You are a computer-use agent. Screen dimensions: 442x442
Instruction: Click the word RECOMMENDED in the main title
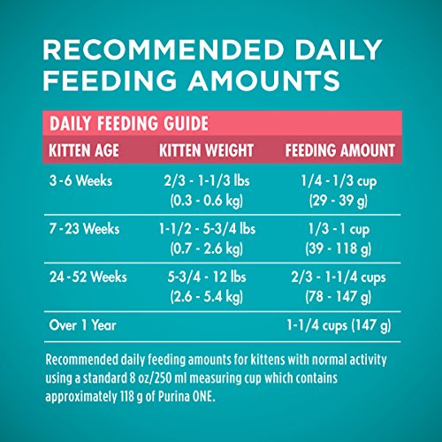pos(164,50)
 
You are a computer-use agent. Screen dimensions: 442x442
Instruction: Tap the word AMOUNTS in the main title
pos(264,80)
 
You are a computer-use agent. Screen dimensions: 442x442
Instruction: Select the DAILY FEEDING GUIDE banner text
pos(129,123)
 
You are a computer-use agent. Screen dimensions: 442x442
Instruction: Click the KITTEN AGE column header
pos(84,150)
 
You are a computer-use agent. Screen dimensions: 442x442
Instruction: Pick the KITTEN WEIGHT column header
pos(206,150)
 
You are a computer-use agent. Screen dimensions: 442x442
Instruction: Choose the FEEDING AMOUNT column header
pos(340,150)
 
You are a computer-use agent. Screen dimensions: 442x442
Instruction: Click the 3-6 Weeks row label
pos(80,180)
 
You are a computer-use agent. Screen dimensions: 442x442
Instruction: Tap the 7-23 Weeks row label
pos(84,229)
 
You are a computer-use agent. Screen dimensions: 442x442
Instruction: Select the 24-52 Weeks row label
pos(88,277)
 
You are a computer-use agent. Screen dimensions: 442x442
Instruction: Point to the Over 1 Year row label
pos(83,325)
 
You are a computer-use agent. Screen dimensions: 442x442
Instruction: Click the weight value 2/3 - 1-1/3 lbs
pos(207,180)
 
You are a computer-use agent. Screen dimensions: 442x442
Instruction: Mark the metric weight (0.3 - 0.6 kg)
pos(207,201)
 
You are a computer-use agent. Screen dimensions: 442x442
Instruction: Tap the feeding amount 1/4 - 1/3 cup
pos(339,181)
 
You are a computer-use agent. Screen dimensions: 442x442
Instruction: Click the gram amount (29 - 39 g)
pos(339,201)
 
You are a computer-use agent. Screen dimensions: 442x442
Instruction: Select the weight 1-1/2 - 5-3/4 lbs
pos(207,229)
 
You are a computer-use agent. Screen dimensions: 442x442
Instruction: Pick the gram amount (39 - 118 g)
pos(339,248)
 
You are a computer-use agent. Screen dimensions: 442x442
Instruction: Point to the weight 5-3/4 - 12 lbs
pos(207,277)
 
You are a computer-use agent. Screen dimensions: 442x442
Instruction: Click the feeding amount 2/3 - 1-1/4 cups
pos(339,278)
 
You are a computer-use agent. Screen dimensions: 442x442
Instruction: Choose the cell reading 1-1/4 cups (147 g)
pos(339,325)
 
